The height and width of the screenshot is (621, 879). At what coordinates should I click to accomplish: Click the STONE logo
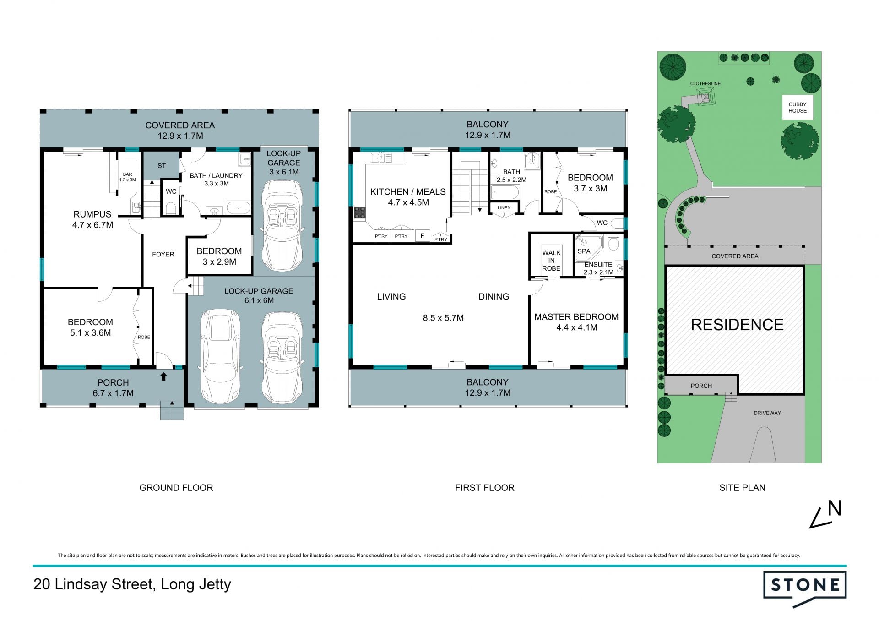[804, 588]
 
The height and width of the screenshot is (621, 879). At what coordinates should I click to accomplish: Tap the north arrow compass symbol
[825, 514]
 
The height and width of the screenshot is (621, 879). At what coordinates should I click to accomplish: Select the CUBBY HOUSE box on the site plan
[798, 108]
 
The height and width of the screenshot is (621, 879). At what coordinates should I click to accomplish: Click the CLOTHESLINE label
[705, 84]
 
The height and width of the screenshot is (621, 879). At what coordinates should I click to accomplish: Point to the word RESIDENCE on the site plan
[737, 325]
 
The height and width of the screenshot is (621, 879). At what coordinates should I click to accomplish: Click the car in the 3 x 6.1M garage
[282, 225]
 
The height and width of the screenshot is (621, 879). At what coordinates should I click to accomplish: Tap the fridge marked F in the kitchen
[422, 236]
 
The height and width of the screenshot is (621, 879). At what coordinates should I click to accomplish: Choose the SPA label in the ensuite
[584, 251]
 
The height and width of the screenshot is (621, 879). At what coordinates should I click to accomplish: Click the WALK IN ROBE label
[551, 261]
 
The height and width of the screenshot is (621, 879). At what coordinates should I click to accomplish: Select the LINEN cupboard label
[504, 208]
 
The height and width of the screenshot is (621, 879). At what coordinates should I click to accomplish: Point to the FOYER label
[163, 255]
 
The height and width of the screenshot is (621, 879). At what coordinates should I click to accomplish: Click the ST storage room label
[162, 166]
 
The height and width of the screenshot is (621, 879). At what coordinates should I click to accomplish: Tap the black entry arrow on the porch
[163, 376]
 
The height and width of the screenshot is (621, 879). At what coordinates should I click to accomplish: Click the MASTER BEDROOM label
[576, 317]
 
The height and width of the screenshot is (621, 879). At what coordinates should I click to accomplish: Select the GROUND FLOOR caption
[176, 488]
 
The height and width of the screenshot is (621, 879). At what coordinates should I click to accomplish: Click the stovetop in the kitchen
[360, 212]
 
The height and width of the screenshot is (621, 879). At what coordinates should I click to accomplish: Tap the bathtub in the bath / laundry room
[239, 208]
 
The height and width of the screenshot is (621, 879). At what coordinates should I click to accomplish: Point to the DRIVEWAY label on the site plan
[767, 413]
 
